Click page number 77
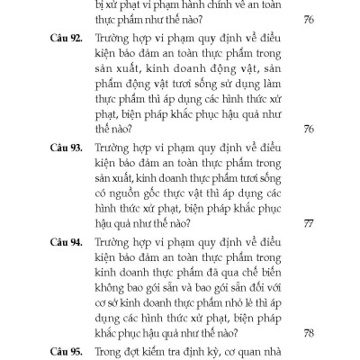[309, 222]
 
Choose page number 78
[309, 331]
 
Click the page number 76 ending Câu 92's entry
[309, 129]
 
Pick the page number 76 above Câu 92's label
[309, 21]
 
